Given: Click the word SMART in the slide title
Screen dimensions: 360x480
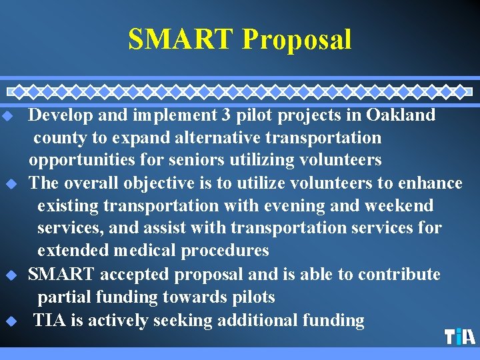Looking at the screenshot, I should [x=181, y=39].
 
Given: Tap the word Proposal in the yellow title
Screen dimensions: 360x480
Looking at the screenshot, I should [x=297, y=39].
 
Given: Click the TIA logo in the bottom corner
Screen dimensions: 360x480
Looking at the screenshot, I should [x=459, y=337].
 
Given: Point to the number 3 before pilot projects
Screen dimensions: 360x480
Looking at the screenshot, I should [x=227, y=115].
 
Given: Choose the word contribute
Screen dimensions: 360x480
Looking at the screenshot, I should [x=399, y=275].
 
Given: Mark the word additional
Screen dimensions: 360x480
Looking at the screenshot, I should [x=256, y=321].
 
